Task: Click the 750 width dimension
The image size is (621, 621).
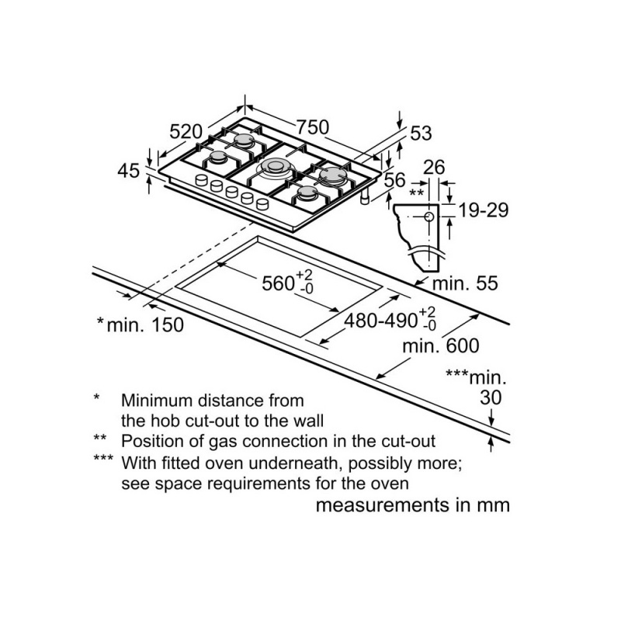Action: click(x=312, y=127)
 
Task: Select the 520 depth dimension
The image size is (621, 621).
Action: click(x=186, y=131)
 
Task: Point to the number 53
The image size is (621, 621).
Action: click(x=420, y=134)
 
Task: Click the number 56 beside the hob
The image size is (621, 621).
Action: click(x=395, y=179)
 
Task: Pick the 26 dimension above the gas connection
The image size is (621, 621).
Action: click(x=435, y=167)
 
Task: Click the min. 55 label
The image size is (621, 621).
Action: click(x=464, y=284)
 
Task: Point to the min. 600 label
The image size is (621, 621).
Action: click(x=441, y=346)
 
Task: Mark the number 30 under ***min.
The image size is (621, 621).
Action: click(x=490, y=398)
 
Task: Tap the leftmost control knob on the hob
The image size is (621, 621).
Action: click(x=202, y=182)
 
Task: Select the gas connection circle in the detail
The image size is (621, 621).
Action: click(x=428, y=217)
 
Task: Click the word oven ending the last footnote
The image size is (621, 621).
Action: click(x=390, y=483)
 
